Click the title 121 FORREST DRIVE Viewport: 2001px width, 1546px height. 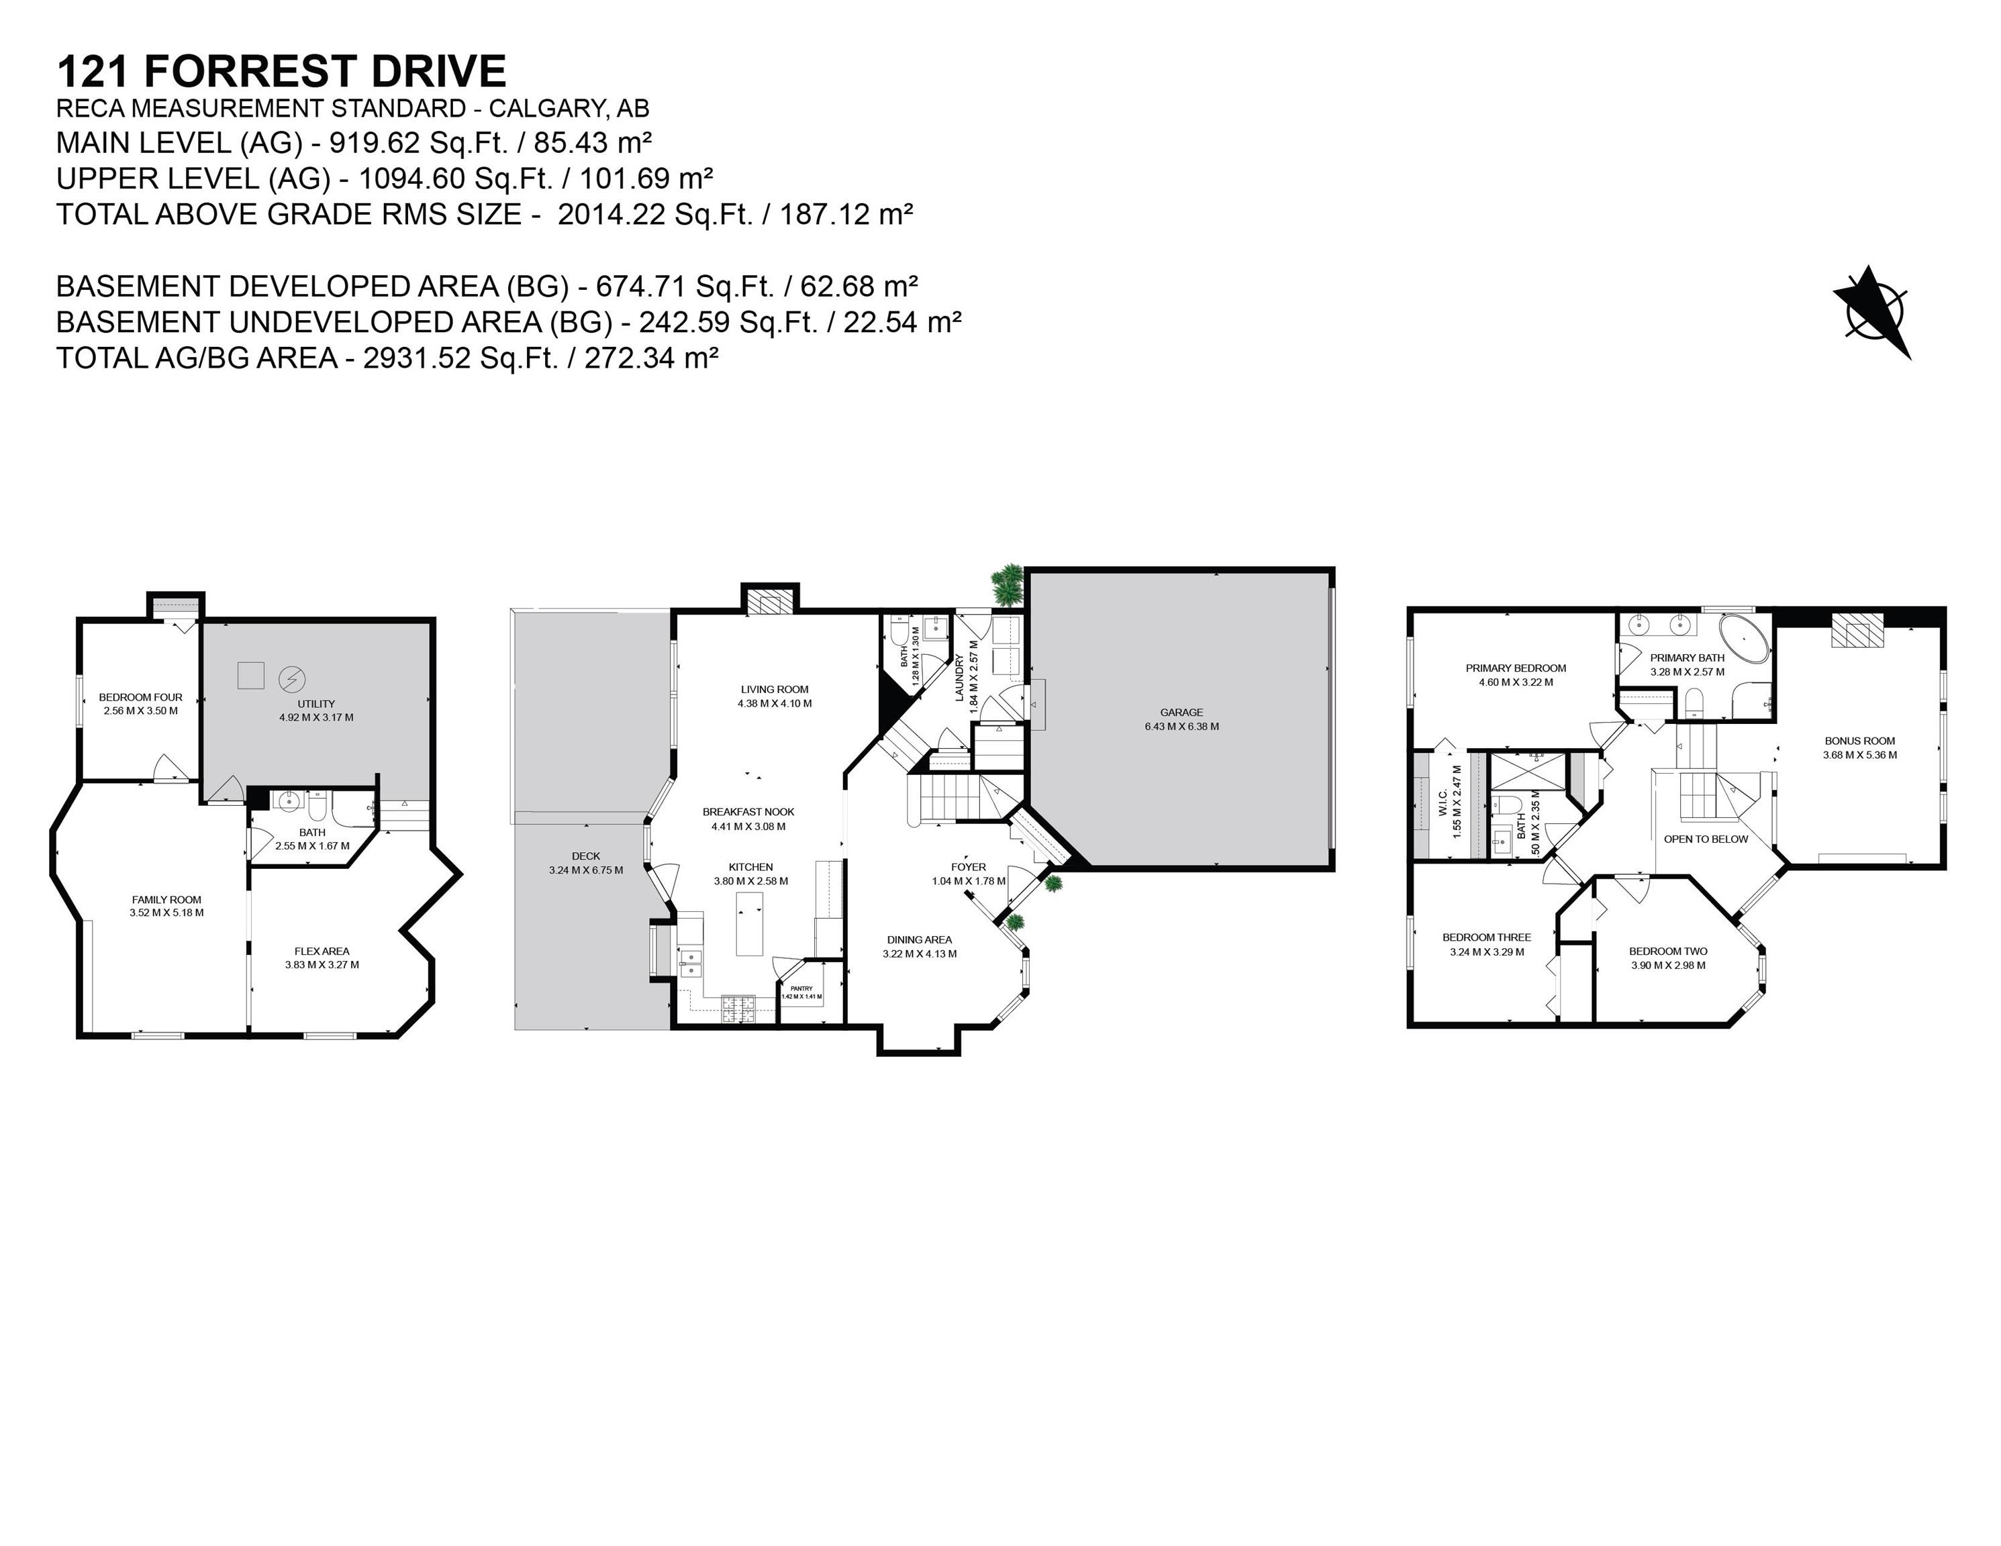(x=281, y=70)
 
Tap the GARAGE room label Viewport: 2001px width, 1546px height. (x=1181, y=712)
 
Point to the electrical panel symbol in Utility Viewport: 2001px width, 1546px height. (x=292, y=678)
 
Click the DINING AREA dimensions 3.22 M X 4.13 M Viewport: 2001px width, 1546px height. (x=919, y=954)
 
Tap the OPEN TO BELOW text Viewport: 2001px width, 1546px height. (x=1705, y=839)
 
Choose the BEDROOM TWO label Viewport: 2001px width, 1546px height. (x=1667, y=951)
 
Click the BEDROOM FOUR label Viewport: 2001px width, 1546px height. (x=140, y=697)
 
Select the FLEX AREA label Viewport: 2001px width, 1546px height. (x=322, y=951)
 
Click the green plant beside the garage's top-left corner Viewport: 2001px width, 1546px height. (x=1007, y=583)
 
